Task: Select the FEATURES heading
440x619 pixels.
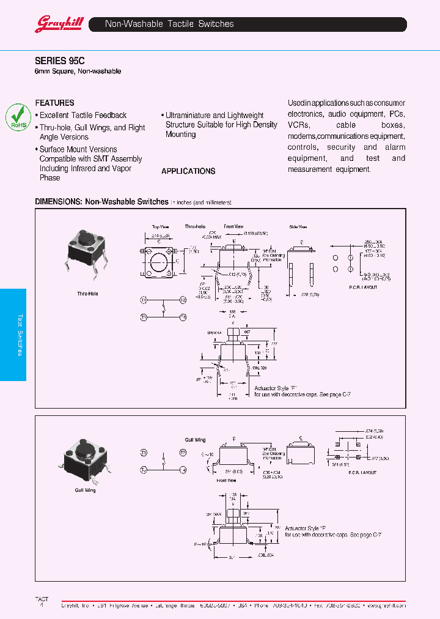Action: (54, 103)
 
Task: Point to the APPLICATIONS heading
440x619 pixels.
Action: (188, 171)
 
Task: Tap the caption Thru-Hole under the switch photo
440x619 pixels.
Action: (87, 294)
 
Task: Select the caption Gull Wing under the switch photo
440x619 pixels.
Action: (86, 490)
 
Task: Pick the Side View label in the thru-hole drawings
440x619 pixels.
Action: (297, 227)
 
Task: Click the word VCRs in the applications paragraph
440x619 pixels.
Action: (299, 125)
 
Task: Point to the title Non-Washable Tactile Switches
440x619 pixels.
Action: (169, 24)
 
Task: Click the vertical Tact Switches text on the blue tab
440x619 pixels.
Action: (20, 335)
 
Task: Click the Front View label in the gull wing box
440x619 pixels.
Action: (226, 480)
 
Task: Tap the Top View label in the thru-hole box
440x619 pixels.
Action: (160, 227)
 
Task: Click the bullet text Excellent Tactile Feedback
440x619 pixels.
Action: (83, 115)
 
